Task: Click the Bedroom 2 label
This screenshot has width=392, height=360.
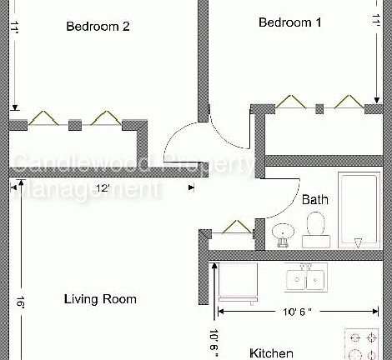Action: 98,26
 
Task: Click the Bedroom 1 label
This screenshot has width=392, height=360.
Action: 289,22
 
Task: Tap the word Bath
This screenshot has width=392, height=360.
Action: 314,200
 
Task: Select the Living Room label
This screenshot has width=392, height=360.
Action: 100,299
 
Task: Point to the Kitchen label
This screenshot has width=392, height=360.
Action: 272,352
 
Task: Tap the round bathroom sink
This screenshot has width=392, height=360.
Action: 283,234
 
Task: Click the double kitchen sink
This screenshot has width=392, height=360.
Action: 305,279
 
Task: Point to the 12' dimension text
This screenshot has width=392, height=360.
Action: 103,188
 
